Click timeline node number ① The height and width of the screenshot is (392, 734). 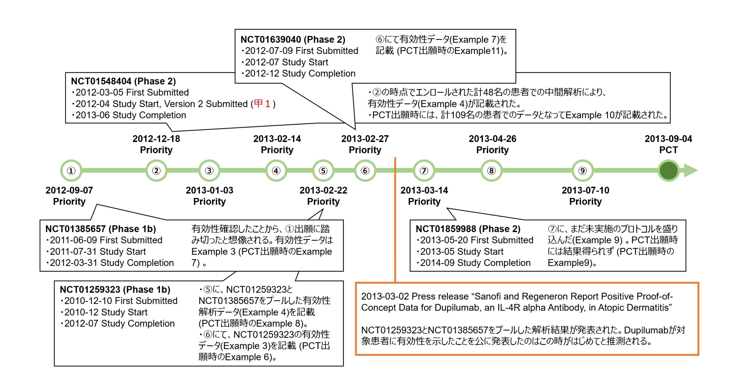click(x=71, y=171)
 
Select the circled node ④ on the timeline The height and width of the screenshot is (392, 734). click(x=276, y=171)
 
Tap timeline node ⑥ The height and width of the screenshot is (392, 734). click(x=365, y=171)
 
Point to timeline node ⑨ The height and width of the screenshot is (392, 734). click(x=582, y=171)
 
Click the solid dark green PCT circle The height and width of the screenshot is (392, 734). click(x=668, y=171)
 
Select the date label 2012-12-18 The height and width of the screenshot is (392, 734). click(x=156, y=139)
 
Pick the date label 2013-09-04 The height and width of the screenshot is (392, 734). click(x=668, y=139)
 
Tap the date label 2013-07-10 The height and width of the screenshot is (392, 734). click(x=585, y=190)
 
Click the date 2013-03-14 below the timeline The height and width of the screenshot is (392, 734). click(x=424, y=190)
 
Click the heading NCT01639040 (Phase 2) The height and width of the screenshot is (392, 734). click(x=293, y=40)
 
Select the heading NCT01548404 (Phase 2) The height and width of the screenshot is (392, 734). click(x=123, y=81)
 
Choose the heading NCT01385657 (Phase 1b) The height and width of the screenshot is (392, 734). click(x=101, y=229)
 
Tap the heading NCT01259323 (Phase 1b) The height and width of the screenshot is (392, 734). click(x=115, y=290)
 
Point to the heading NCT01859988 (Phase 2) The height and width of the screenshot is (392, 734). click(x=468, y=229)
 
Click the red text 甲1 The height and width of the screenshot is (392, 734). click(x=262, y=104)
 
